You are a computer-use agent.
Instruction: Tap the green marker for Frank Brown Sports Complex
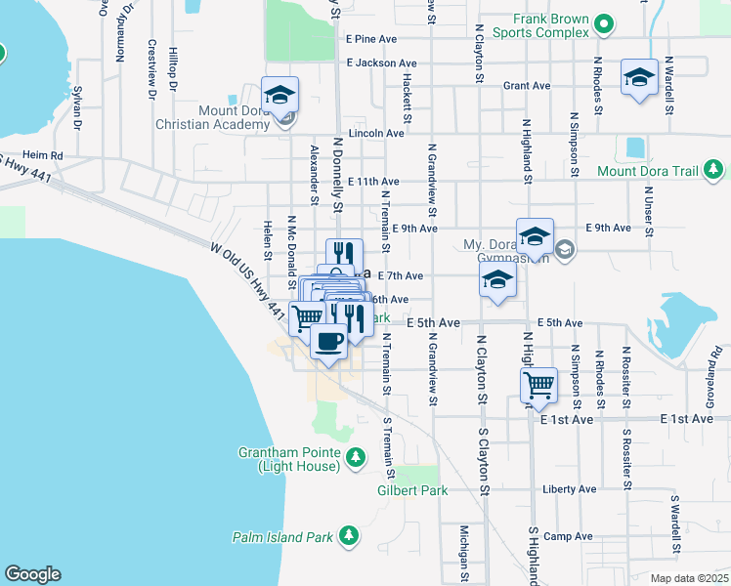(x=605, y=25)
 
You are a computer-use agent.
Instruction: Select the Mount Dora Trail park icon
(x=714, y=171)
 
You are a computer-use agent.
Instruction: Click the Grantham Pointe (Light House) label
(x=290, y=459)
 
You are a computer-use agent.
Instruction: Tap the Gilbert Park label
(x=410, y=491)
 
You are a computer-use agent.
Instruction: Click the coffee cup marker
(x=328, y=342)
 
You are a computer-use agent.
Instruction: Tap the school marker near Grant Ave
(x=639, y=77)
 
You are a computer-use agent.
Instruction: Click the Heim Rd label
(x=42, y=155)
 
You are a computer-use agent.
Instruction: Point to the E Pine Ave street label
(x=371, y=39)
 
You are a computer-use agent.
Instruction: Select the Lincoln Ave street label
(x=376, y=133)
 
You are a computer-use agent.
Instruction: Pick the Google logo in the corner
(x=32, y=574)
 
